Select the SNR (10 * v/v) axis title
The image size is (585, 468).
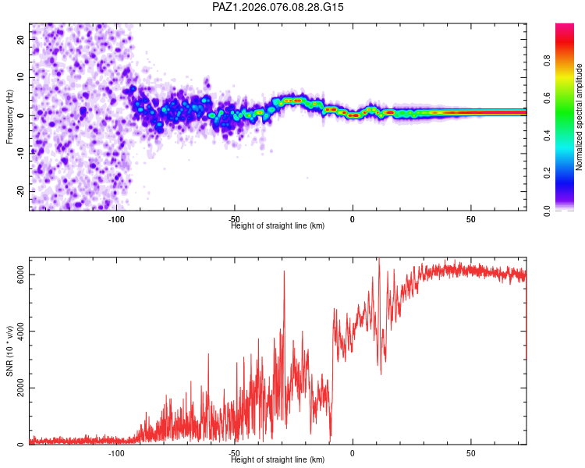tap(9, 352)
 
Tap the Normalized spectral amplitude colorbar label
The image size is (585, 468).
tap(579, 117)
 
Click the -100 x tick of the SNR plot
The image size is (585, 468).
tap(116, 452)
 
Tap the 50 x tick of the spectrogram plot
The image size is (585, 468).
tap(470, 218)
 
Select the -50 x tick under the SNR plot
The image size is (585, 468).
tap(234, 452)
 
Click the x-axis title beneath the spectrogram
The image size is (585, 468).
tap(278, 225)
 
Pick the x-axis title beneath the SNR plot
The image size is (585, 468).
tap(278, 459)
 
